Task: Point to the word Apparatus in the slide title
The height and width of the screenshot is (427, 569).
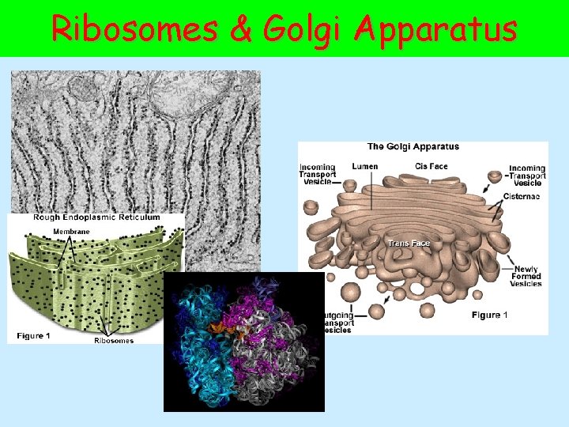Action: [x=436, y=30]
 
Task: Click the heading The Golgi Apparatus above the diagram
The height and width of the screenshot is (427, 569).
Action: [x=413, y=146]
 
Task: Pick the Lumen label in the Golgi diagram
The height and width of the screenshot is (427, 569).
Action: [x=364, y=167]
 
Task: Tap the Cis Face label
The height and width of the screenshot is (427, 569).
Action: [x=431, y=167]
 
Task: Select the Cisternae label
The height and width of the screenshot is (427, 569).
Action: [x=522, y=195]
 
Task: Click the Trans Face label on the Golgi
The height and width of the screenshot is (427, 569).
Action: [x=409, y=243]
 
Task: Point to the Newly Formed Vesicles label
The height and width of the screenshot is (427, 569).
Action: [x=526, y=277]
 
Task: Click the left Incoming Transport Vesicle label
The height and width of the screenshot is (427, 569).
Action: [x=318, y=175]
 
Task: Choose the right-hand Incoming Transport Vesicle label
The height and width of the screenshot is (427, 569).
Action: [x=527, y=176]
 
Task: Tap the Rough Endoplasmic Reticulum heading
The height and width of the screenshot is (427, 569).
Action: [x=96, y=217]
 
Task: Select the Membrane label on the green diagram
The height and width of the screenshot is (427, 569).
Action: [x=71, y=231]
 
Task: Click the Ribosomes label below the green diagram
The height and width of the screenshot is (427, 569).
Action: [x=114, y=341]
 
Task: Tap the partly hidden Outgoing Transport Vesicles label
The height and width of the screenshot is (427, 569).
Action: [x=338, y=323]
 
